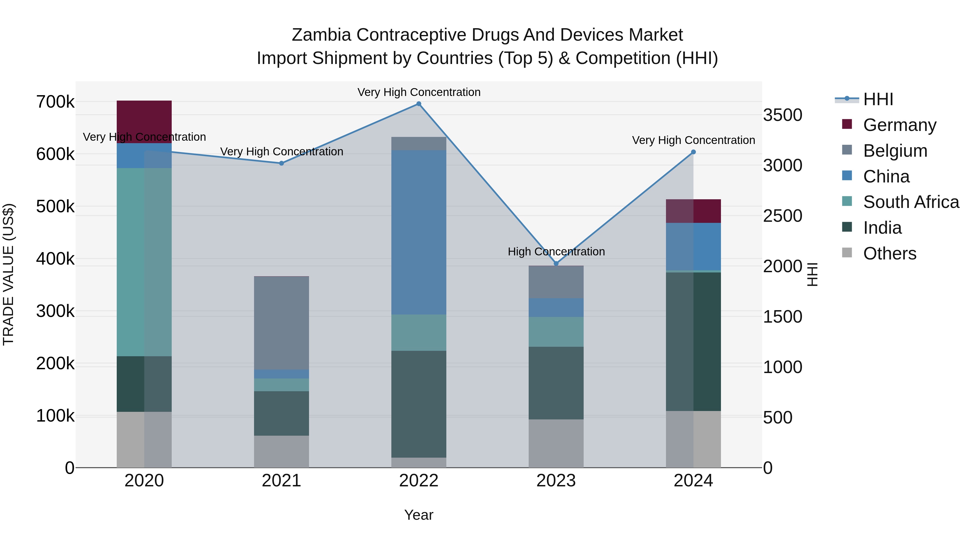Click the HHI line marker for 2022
tap(419, 104)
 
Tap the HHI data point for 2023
tap(556, 263)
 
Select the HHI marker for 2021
tap(281, 163)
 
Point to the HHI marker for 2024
tap(693, 152)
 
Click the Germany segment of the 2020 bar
tap(144, 122)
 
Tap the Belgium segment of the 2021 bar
tap(281, 323)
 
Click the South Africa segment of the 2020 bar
tap(144, 262)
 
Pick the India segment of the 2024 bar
tap(693, 341)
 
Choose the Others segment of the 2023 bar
tap(556, 443)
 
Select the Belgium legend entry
tap(895, 151)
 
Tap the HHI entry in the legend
tap(878, 99)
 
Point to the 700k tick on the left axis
tap(55, 102)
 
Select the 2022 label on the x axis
tap(419, 481)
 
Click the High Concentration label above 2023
tap(556, 252)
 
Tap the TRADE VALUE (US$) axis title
tap(8, 274)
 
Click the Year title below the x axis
tap(419, 515)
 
